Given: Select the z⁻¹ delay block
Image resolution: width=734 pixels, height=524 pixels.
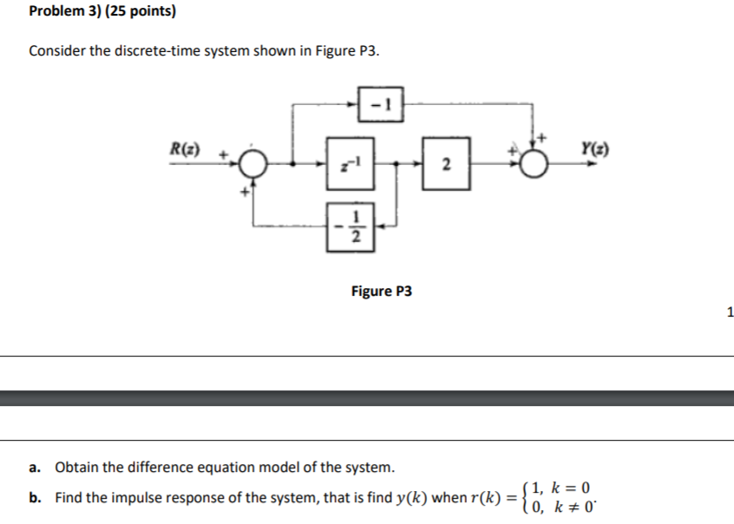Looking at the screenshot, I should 351,162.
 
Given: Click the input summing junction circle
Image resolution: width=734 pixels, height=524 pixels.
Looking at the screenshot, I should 254,162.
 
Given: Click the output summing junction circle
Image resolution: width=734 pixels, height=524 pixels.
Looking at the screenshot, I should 537,162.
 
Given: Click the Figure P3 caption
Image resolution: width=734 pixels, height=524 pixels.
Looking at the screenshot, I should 382,291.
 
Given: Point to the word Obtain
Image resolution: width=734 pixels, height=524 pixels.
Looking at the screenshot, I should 77,468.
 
